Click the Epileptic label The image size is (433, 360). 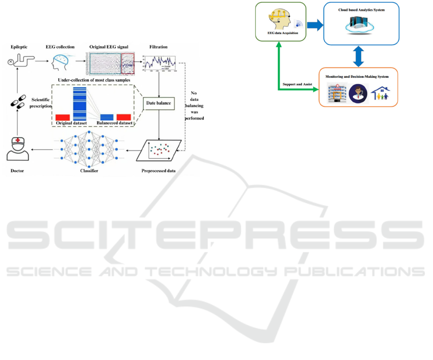click(20, 48)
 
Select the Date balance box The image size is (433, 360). click(159, 103)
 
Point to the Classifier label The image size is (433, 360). click(87, 171)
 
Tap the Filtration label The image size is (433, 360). click(159, 48)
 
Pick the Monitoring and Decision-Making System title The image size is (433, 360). click(357, 76)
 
